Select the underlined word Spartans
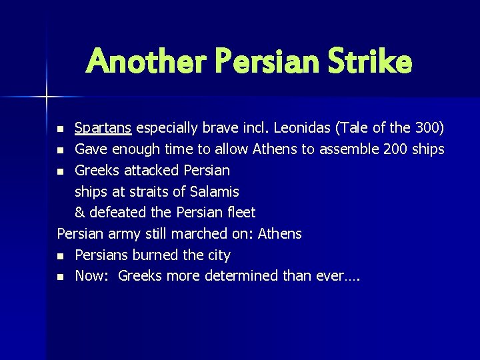click(103, 127)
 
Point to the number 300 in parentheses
click(427, 127)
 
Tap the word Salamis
click(215, 191)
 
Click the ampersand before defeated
click(80, 213)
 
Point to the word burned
click(163, 255)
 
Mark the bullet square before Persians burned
click(61, 256)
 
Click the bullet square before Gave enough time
click(61, 149)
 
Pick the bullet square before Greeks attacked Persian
click(61, 171)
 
